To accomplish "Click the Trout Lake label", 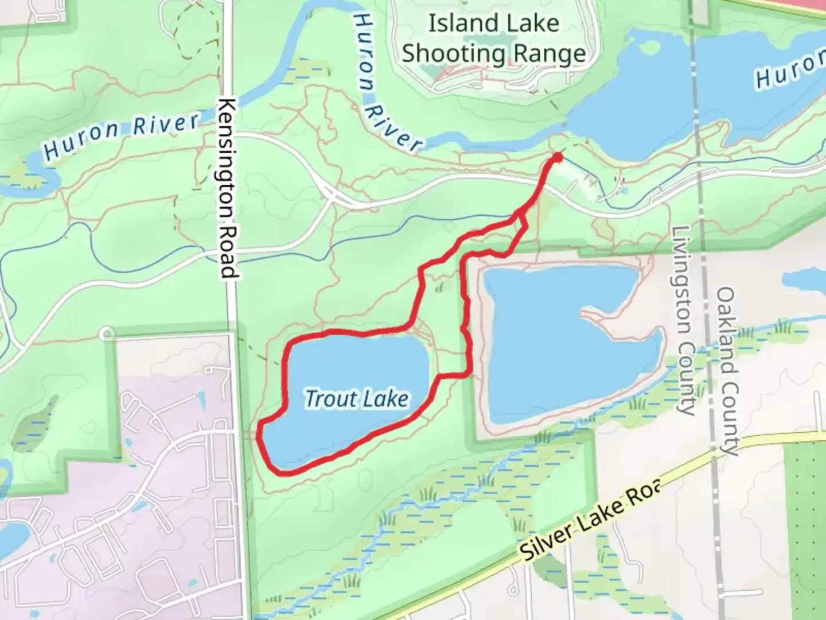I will [x=356, y=398].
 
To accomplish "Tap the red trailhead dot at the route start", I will [x=556, y=157].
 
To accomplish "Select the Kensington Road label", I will [x=228, y=189].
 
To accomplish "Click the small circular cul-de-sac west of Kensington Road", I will [x=106, y=334].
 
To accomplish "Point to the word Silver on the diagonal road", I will [x=545, y=539].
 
